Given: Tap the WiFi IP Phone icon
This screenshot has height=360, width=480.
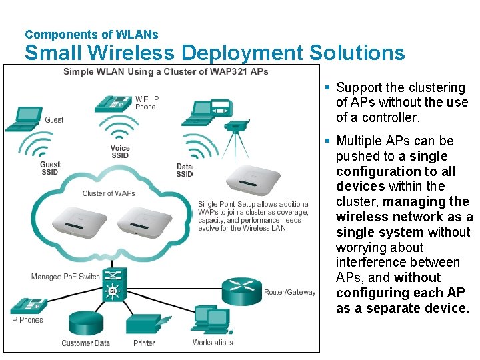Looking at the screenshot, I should (x=113, y=103).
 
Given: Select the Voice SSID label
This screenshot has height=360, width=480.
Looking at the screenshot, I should (x=120, y=152).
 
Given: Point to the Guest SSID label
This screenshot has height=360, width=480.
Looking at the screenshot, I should (x=50, y=168).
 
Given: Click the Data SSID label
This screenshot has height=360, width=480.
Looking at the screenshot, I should (x=185, y=170).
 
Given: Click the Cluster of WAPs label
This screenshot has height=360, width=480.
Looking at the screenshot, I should (x=109, y=194).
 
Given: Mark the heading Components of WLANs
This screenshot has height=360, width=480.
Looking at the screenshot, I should (x=91, y=34).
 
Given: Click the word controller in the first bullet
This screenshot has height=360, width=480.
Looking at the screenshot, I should (x=389, y=118).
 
